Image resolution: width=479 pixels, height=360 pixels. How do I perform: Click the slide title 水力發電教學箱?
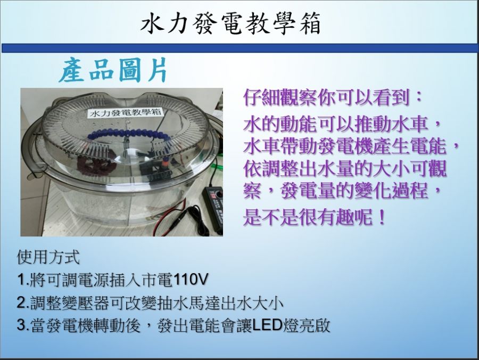tap(230, 24)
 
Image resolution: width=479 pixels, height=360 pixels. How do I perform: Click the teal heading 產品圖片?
tap(113, 70)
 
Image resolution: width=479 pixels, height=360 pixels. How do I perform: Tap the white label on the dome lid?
tap(125, 112)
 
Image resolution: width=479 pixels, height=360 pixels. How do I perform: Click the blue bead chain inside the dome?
tap(128, 134)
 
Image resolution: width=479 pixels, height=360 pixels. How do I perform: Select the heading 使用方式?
tap(48, 257)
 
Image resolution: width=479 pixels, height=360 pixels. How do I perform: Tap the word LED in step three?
tap(267, 325)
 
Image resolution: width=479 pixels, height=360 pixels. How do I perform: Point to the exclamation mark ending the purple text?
tap(381, 217)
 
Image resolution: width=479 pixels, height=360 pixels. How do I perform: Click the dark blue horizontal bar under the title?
tap(240, 48)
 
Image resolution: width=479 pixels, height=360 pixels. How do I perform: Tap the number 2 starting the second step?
tap(21, 302)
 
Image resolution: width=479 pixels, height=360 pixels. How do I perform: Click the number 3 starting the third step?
tap(21, 325)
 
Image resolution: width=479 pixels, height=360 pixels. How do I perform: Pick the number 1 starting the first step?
tap(21, 280)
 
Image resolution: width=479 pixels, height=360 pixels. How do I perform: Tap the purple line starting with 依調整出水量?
tap(345, 168)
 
